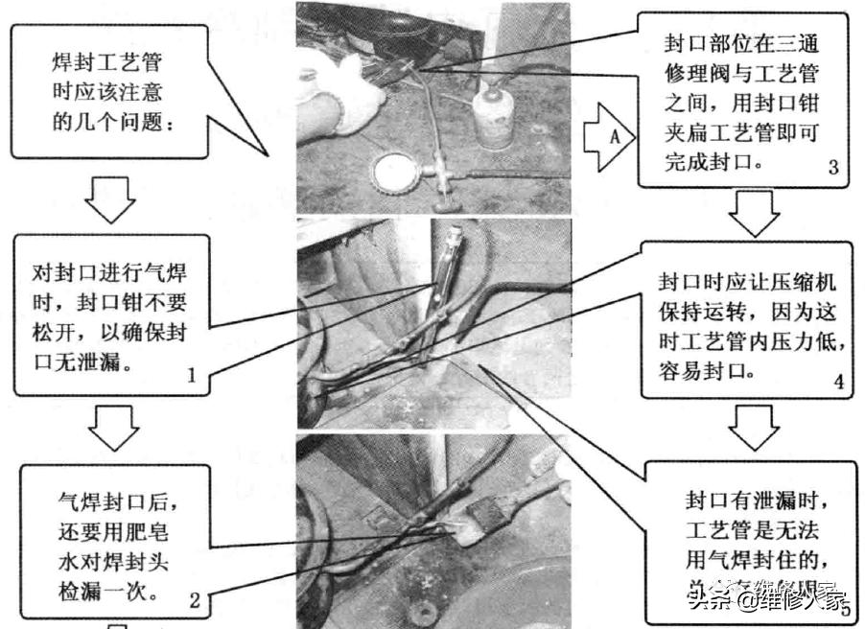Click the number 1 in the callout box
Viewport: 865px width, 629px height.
pos(191,376)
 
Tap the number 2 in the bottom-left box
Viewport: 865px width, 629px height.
pos(195,602)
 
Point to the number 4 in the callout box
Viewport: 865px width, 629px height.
pos(837,382)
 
